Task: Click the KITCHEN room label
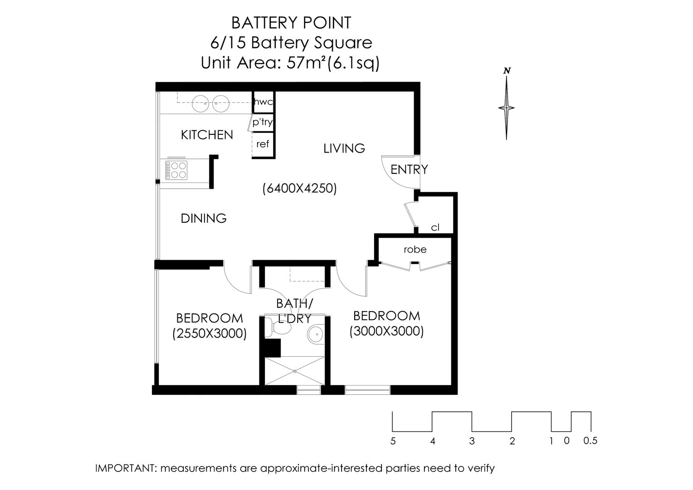(x=207, y=135)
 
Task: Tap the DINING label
(x=204, y=219)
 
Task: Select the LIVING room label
(x=344, y=148)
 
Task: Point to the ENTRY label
(x=409, y=170)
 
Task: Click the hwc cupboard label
(x=264, y=102)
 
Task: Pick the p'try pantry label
(x=262, y=122)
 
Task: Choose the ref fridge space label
(x=263, y=144)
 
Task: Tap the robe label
(x=415, y=249)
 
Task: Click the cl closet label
(x=435, y=227)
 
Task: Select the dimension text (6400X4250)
(x=299, y=188)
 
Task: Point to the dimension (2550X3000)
(x=210, y=333)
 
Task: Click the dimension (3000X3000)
(x=386, y=331)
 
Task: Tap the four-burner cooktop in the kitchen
(x=176, y=170)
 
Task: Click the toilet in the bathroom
(x=278, y=328)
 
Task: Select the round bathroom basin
(x=316, y=334)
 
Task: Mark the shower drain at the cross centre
(x=295, y=371)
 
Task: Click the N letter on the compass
(x=507, y=71)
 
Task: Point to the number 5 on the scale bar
(x=393, y=441)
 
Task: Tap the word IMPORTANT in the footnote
(x=125, y=468)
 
